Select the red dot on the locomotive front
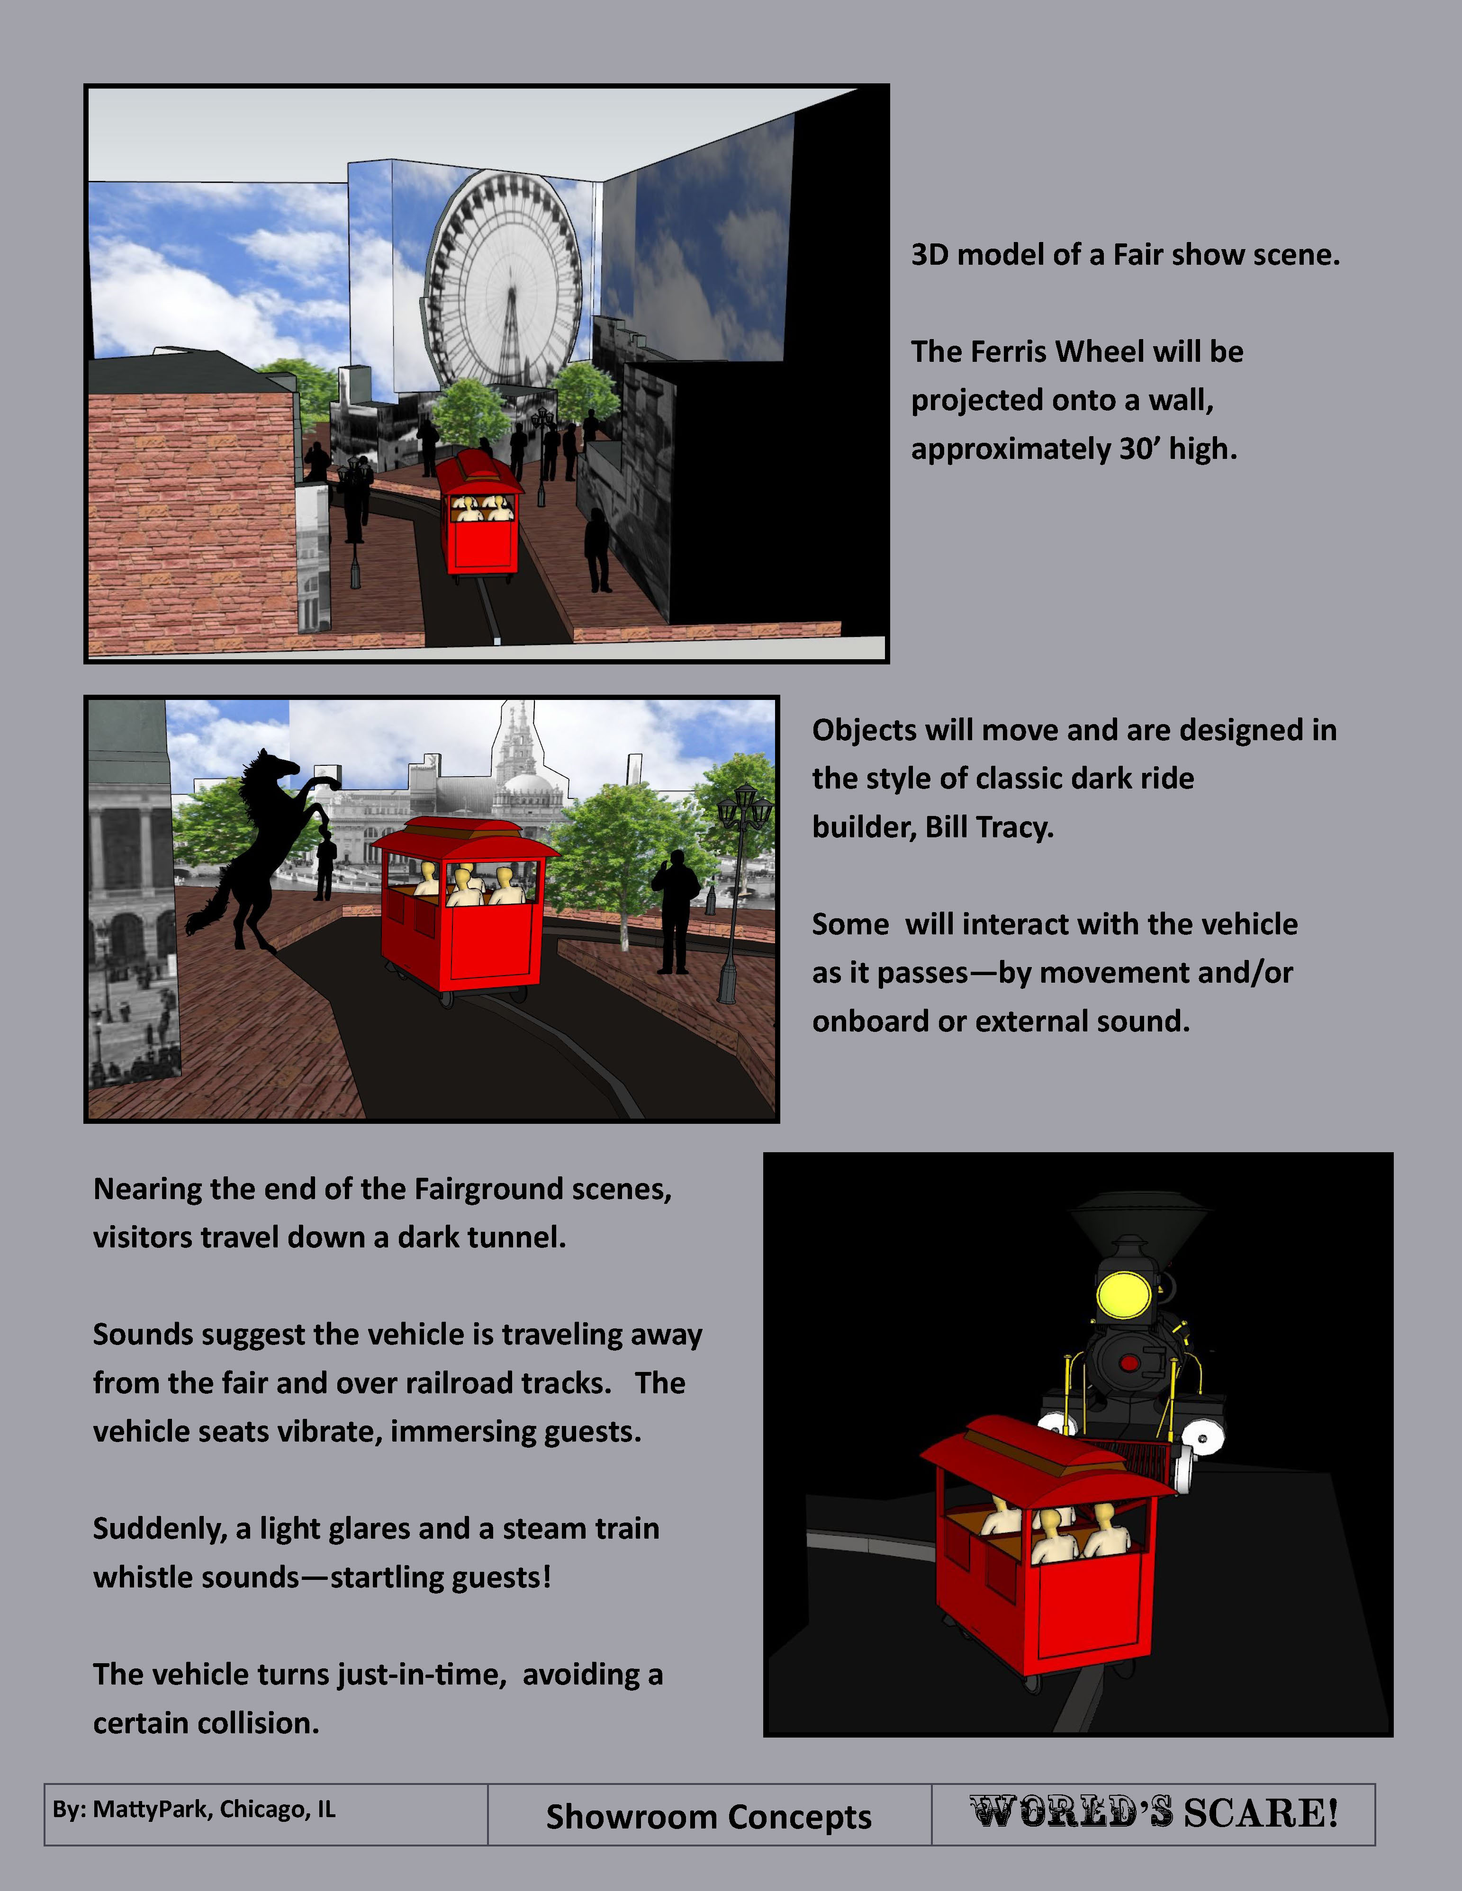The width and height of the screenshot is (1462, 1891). [x=1128, y=1364]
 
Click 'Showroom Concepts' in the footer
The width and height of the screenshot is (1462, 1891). [x=708, y=1817]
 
